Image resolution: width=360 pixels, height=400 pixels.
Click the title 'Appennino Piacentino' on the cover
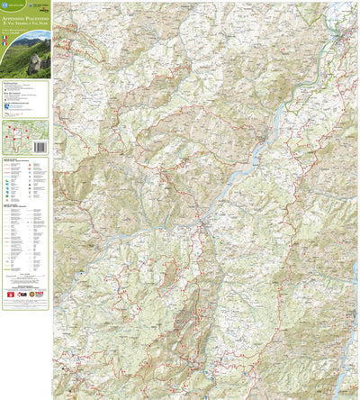pyautogui.click(x=25, y=18)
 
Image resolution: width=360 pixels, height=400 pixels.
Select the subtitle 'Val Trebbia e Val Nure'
pyautogui.click(x=25, y=23)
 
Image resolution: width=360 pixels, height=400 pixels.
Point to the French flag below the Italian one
pyautogui.click(x=5, y=42)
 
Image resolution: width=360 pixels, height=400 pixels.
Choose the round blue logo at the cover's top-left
pyautogui.click(x=5, y=5)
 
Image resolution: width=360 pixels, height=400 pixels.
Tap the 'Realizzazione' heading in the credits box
pyautogui.click(x=10, y=85)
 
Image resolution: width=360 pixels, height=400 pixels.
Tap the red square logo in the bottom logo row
pyautogui.click(x=10, y=294)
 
